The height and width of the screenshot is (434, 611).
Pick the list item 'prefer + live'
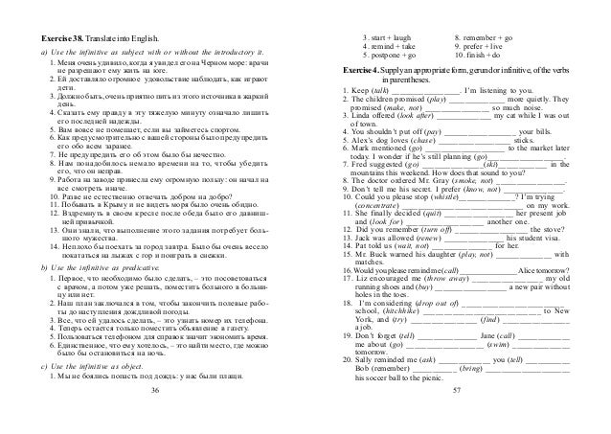488,46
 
